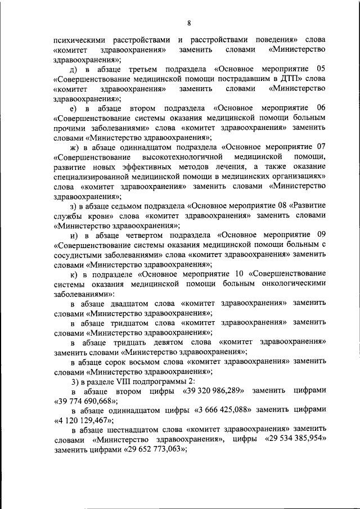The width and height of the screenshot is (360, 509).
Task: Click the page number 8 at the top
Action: (x=190, y=22)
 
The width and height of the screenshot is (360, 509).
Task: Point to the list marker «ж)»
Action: (x=74, y=147)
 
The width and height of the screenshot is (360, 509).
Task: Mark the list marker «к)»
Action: (x=74, y=274)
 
